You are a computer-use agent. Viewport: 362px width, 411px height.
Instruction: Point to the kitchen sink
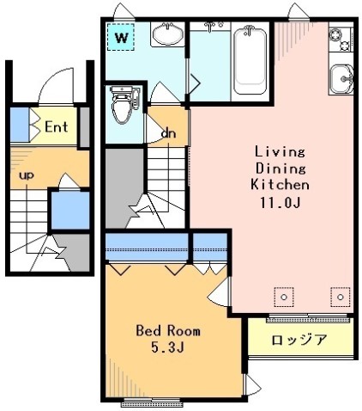coord(341,79)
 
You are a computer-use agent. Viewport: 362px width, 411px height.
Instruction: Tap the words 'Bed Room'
coord(168,330)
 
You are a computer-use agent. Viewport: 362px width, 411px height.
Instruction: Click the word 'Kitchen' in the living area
coord(280,184)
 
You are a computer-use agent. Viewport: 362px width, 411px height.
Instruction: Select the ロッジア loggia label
coord(300,339)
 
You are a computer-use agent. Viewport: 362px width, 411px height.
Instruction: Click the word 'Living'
coord(280,151)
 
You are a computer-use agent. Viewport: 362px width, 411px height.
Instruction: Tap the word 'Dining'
coord(280,168)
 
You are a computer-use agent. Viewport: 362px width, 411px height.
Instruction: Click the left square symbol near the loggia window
coord(281,297)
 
